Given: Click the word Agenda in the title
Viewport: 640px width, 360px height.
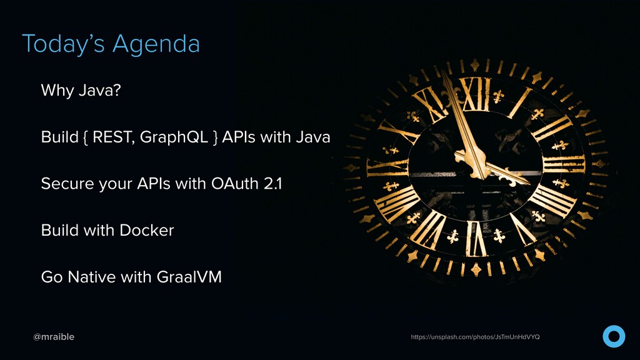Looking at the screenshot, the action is tap(156, 44).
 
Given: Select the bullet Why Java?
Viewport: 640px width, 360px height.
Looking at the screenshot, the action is tap(81, 90).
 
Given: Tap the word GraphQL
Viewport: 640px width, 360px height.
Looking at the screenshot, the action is tap(174, 137).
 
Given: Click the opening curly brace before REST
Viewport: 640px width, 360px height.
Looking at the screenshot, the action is tap(85, 137).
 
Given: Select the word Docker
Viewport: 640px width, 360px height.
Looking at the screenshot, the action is tap(147, 230).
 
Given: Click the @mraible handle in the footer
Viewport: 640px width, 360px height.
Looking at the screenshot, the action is tap(54, 337).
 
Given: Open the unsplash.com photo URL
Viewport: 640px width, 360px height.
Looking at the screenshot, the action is tap(475, 337).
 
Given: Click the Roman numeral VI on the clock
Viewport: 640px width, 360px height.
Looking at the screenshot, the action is tap(476, 239).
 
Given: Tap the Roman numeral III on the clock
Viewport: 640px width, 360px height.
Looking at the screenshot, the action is tap(564, 164).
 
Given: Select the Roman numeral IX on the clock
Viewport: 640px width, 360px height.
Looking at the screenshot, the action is tap(387, 167).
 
